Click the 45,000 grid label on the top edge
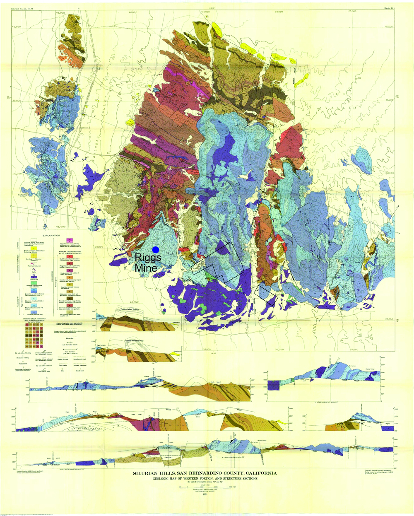coord(61,13)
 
